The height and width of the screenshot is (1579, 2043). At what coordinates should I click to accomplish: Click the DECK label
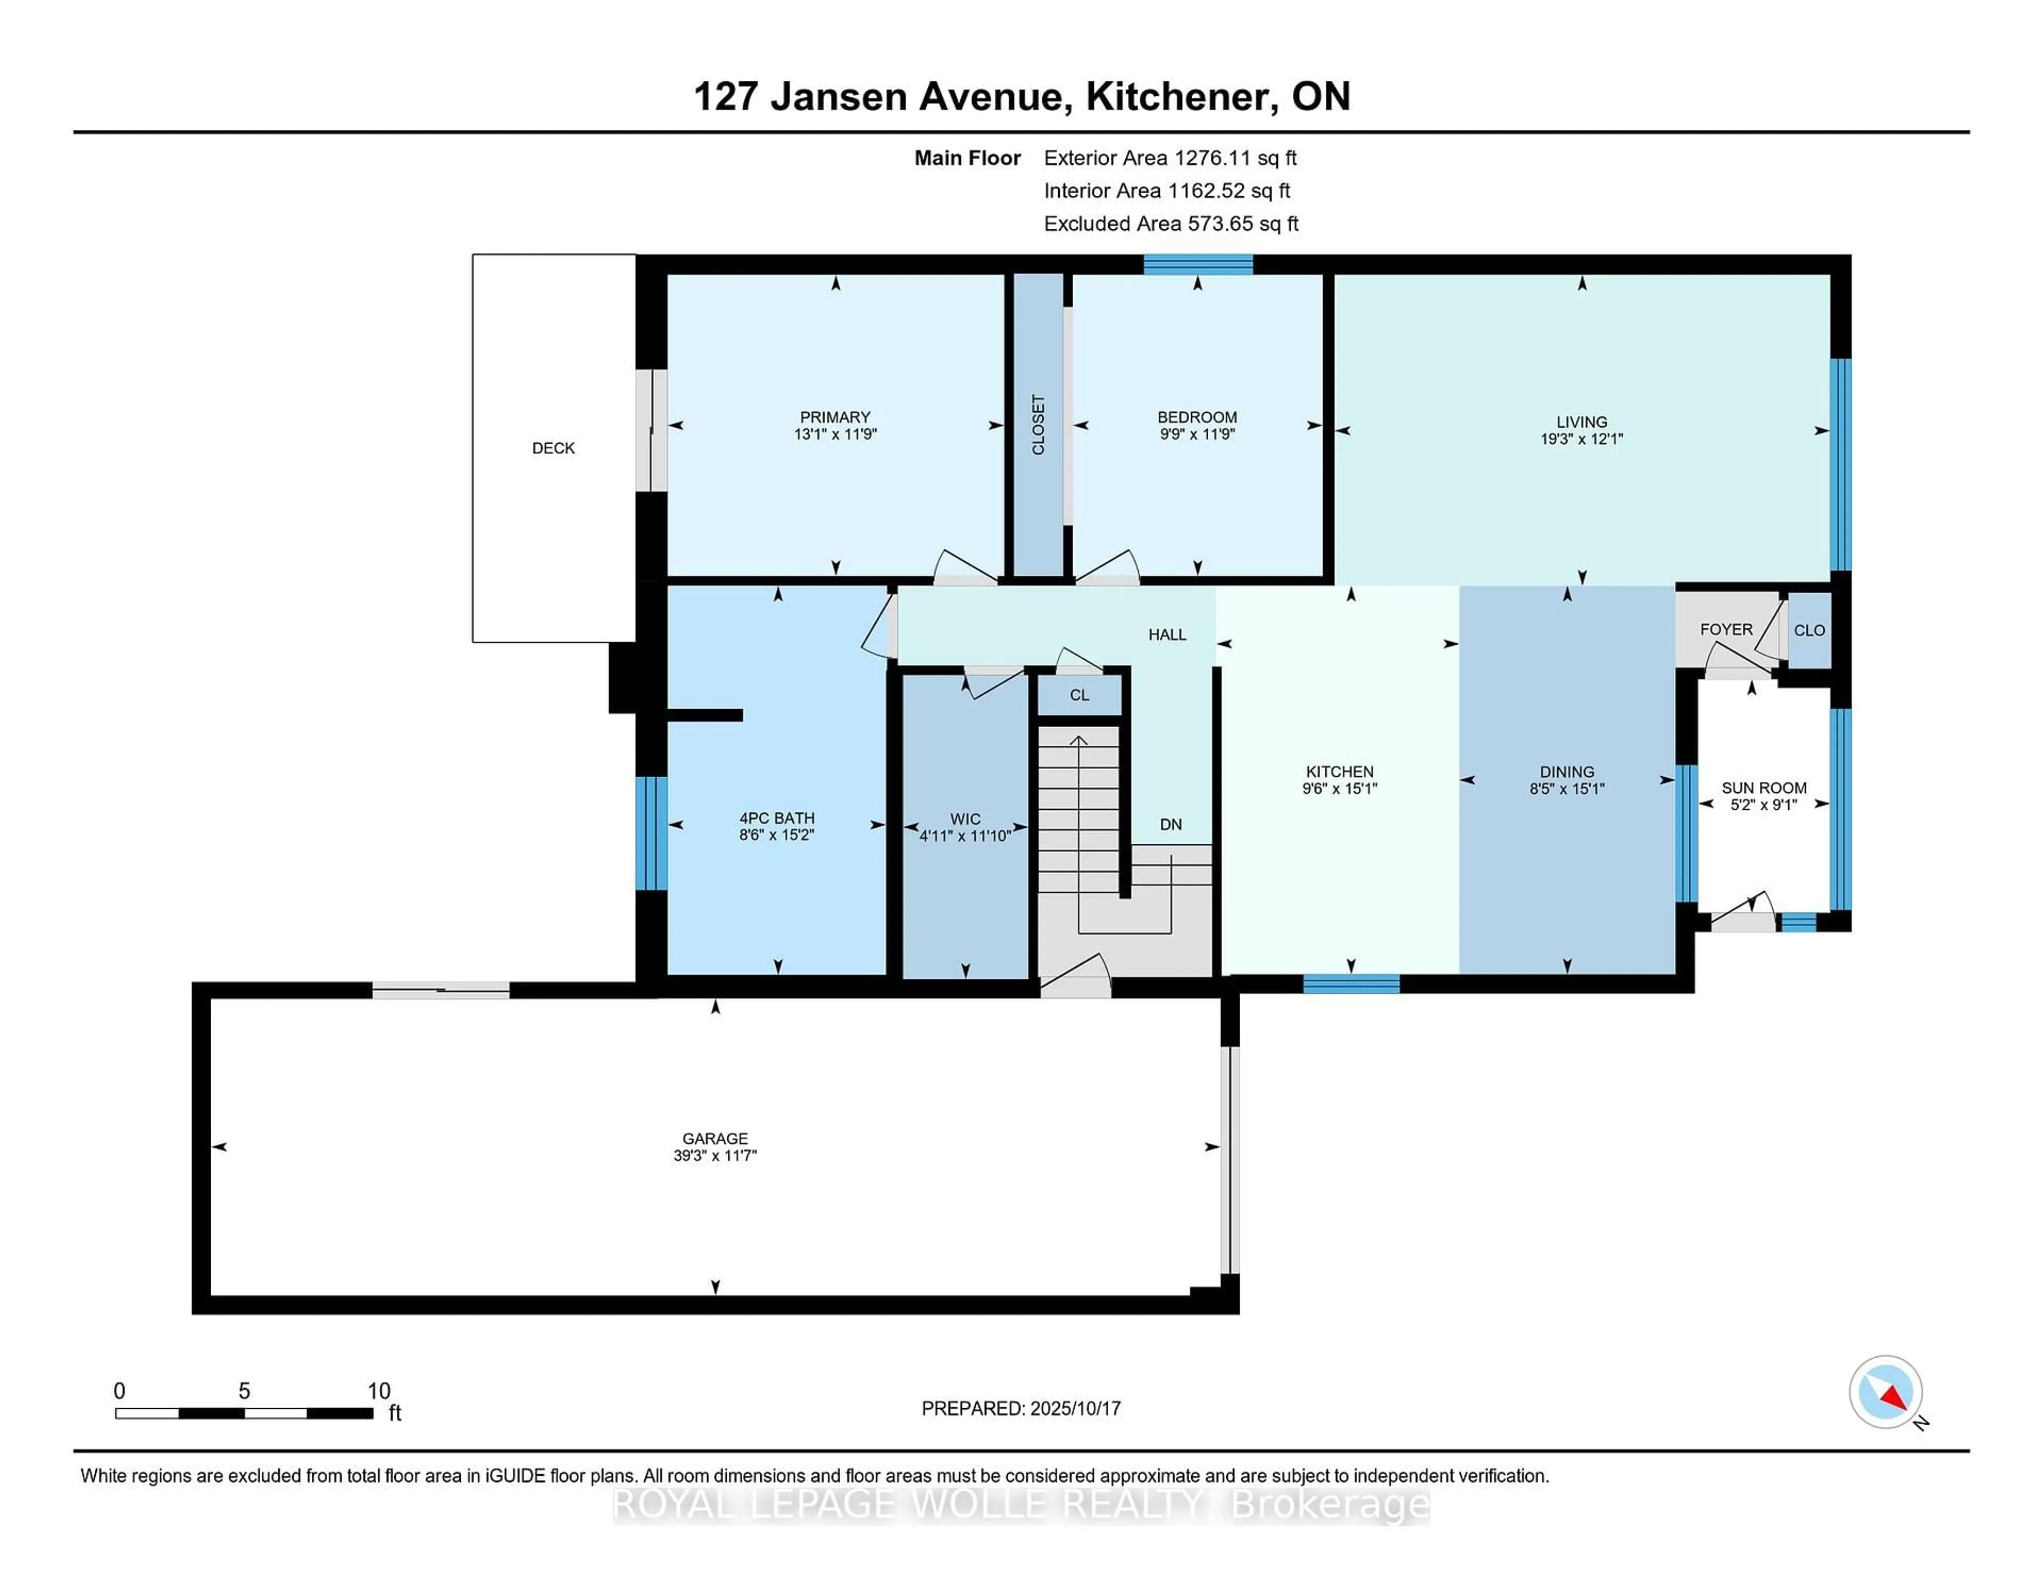coord(553,448)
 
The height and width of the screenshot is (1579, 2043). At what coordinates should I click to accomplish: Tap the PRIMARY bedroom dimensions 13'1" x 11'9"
coord(834,434)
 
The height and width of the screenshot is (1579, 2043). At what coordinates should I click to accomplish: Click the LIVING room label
coord(1581,422)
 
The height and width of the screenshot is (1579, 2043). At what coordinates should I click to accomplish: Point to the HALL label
coord(1167,634)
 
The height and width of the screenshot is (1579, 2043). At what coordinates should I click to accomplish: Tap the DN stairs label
coord(1170,824)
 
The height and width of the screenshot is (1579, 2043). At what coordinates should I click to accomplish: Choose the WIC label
coord(965,819)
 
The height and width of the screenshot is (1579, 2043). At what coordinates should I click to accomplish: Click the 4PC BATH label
coord(776,818)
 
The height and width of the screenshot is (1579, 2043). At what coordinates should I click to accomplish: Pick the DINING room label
coord(1567,772)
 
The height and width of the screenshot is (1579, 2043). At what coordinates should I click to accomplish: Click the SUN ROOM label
coord(1763,787)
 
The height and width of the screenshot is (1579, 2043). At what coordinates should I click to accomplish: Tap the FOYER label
coord(1726,629)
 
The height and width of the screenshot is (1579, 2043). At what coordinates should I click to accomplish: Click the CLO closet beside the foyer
coord(1809,630)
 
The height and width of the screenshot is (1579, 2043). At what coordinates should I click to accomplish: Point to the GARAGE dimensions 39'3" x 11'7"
coord(715,1155)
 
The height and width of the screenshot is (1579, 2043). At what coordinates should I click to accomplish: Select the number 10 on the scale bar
coord(378,1391)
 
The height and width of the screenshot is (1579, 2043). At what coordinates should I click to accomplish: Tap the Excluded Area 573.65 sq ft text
coord(1170,223)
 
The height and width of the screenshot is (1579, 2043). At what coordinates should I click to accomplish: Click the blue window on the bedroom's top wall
coord(1198,265)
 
